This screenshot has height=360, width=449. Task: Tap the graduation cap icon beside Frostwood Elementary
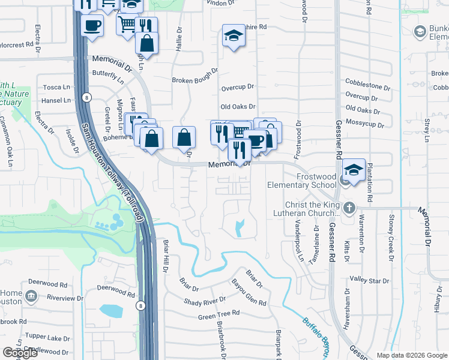354,170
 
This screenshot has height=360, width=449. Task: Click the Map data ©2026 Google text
411,355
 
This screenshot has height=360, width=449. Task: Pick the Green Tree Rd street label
218,314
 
